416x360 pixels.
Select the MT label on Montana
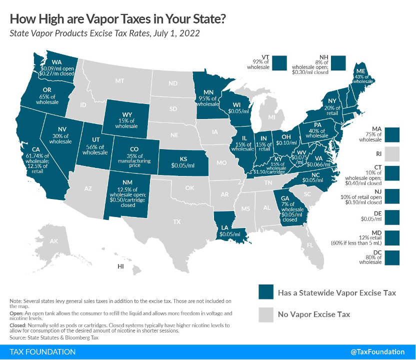click(x=119, y=80)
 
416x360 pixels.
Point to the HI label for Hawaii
click(x=120, y=266)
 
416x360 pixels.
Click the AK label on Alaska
click(x=53, y=242)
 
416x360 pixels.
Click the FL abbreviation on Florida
click(x=309, y=245)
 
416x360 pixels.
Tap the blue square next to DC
click(x=393, y=257)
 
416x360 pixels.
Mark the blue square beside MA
click(x=393, y=135)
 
